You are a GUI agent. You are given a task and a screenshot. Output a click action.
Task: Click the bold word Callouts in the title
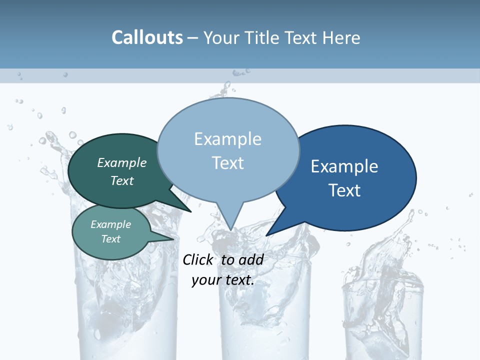coord(147,37)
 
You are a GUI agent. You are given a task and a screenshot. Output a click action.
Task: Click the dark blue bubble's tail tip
coord(266,235)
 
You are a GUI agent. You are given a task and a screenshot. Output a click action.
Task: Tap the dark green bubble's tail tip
coord(191,211)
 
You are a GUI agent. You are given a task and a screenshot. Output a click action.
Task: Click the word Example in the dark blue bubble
coord(344,166)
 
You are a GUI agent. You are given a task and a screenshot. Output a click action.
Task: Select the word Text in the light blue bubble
coord(227,163)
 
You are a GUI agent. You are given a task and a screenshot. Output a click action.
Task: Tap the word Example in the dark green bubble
coord(121,163)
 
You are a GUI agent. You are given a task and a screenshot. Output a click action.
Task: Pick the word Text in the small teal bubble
coord(110,239)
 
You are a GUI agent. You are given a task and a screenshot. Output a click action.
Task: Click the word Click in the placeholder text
coord(197,259)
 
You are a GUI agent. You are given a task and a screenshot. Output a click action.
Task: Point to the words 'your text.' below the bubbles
coord(222,280)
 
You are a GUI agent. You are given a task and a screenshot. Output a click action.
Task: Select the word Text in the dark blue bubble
coord(344,190)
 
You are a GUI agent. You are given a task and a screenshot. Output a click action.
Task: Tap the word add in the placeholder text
coord(250,259)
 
